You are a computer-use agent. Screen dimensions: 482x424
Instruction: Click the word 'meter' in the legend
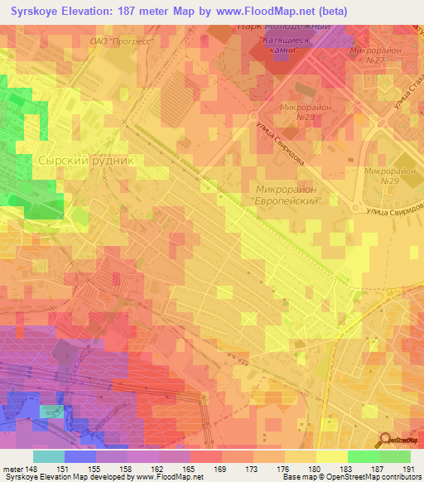pyautogui.click(x=12, y=469)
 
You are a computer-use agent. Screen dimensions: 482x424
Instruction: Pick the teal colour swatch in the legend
pyautogui.click(x=49, y=456)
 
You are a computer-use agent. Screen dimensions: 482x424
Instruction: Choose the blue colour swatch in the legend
pyautogui.click(x=80, y=456)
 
